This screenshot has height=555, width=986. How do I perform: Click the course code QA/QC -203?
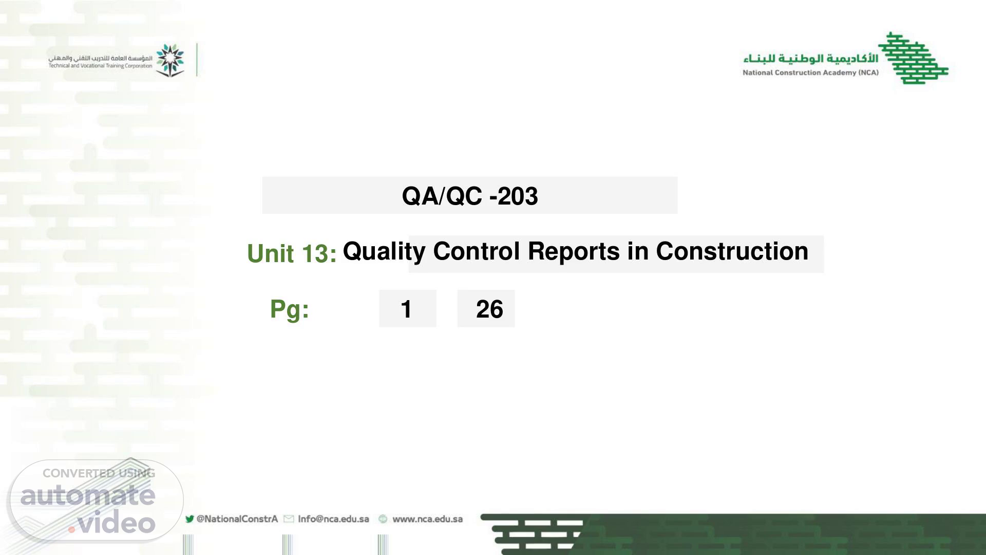[x=470, y=196]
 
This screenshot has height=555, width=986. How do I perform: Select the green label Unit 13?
[x=292, y=253]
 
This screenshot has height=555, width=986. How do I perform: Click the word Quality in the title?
[x=384, y=252]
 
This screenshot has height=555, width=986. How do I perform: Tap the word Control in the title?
[x=476, y=251]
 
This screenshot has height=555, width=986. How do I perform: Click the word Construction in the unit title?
[x=732, y=251]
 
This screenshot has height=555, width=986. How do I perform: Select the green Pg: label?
[x=290, y=309]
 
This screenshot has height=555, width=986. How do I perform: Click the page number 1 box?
[x=407, y=308]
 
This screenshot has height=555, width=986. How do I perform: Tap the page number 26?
[x=489, y=309]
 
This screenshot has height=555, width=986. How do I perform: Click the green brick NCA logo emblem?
[x=913, y=58]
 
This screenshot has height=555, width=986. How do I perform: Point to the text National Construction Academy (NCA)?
[x=810, y=72]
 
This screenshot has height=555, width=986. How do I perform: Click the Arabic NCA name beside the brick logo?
[x=811, y=58]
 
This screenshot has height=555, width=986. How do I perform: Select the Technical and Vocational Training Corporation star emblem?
[x=170, y=60]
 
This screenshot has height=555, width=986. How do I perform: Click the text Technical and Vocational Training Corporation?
[x=101, y=66]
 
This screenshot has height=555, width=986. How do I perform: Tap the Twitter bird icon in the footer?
[x=189, y=519]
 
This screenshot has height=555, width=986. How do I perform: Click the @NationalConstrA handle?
[x=237, y=519]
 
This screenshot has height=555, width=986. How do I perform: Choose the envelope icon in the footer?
[x=289, y=519]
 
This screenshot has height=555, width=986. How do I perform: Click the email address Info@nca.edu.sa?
[x=333, y=519]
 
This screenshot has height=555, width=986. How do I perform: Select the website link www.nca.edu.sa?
[x=428, y=519]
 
